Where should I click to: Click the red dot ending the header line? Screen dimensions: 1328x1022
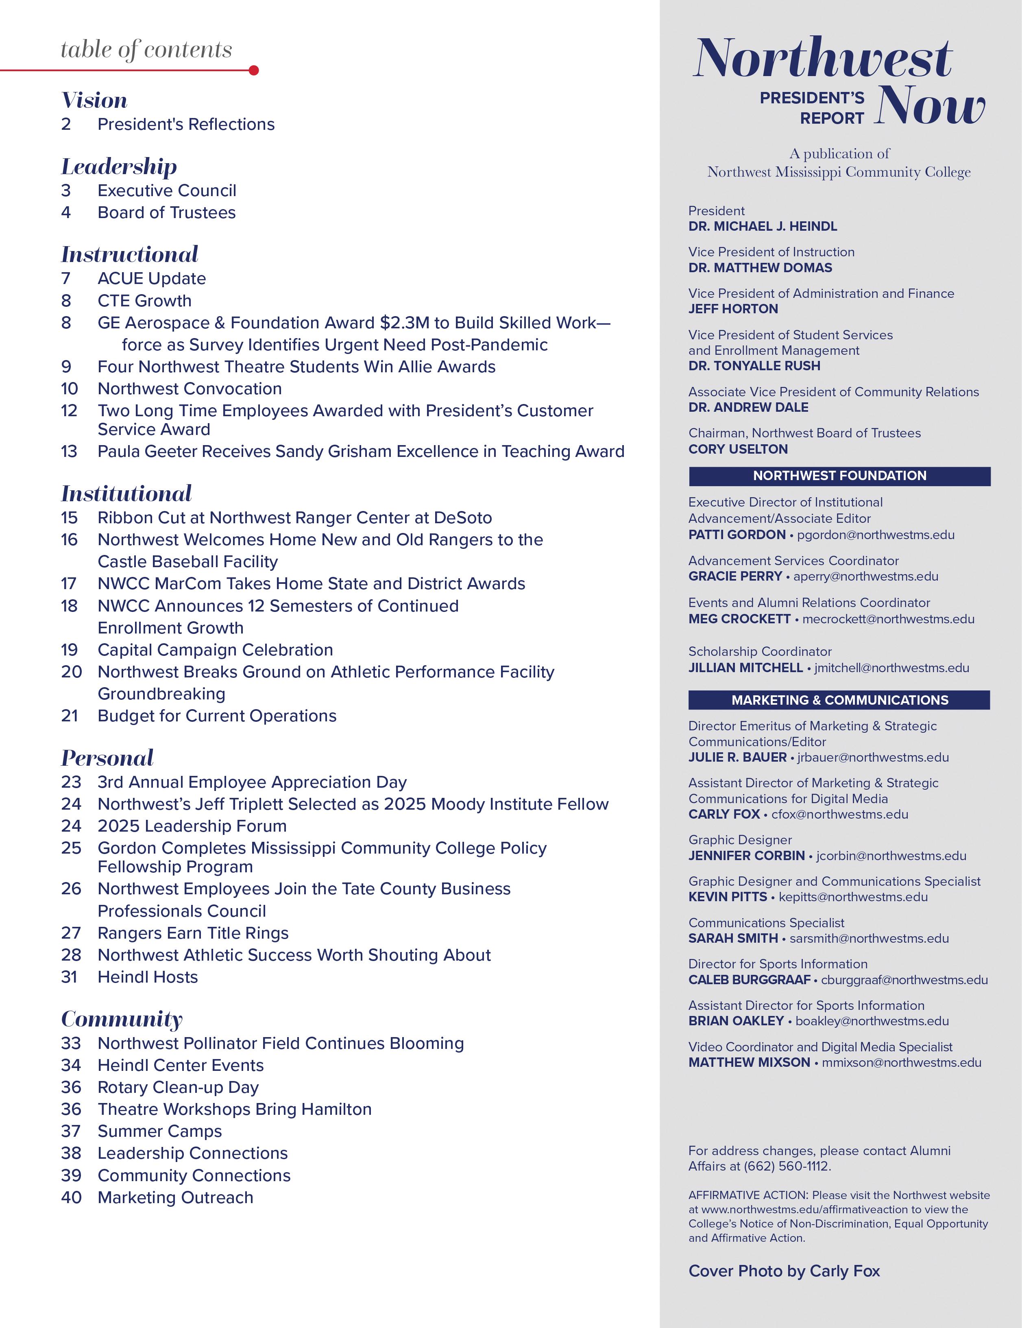[254, 70]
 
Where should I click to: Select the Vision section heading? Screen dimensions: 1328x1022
[94, 100]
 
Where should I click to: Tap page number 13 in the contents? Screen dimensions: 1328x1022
[69, 451]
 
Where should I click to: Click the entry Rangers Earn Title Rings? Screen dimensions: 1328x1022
[193, 933]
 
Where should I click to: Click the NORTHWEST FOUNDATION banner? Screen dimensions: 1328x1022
[839, 476]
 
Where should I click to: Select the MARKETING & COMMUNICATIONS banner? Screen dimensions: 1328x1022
[839, 700]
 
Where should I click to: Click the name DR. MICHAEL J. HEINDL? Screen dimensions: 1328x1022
[763, 226]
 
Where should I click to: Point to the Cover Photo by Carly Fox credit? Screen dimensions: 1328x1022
[784, 1271]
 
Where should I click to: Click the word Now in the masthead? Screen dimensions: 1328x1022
[928, 107]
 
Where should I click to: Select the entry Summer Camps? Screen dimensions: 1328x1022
[159, 1131]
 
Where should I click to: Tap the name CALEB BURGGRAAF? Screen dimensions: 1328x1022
[749, 980]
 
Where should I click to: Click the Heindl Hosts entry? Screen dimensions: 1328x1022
[148, 977]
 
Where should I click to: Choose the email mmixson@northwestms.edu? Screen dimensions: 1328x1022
[901, 1062]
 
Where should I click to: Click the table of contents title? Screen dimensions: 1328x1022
[146, 50]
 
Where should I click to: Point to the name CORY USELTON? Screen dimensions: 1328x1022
[737, 449]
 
